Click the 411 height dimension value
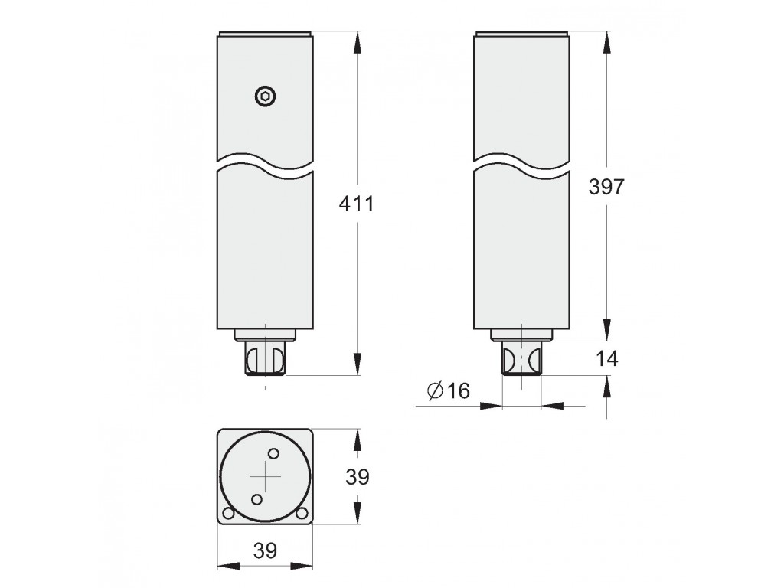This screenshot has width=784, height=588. (x=356, y=204)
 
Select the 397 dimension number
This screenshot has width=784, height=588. (x=606, y=187)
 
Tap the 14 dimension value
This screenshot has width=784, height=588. (x=606, y=358)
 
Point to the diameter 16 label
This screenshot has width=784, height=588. (x=449, y=390)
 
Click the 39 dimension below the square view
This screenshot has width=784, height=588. (x=265, y=550)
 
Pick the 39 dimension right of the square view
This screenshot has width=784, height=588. (x=358, y=477)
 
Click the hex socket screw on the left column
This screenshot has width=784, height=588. (x=265, y=96)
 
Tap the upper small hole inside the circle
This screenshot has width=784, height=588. (x=273, y=454)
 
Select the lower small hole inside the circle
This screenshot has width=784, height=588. (x=257, y=499)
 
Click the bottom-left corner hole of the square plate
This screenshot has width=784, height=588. (x=228, y=514)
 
